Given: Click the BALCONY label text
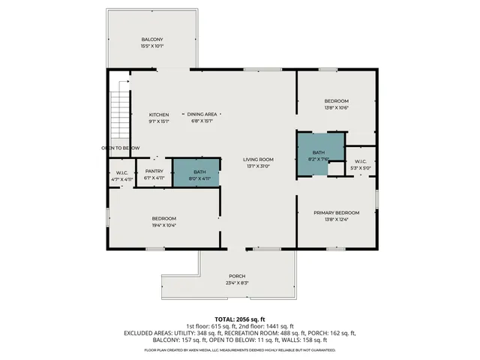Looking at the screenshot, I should click(152, 39).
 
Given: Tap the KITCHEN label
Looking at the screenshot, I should click(158, 114).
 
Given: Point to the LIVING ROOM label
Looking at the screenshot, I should click(257, 159).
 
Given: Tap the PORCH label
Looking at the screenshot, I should click(237, 276).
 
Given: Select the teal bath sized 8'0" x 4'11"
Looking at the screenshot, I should click(196, 172).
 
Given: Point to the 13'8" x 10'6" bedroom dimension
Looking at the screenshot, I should click(336, 107).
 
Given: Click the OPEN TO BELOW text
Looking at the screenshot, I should click(121, 148).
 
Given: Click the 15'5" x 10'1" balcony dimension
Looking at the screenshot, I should click(152, 46).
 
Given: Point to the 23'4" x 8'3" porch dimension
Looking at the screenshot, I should click(237, 283).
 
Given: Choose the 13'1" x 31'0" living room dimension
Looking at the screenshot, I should click(257, 166).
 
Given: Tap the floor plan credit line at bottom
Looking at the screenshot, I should click(240, 349).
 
